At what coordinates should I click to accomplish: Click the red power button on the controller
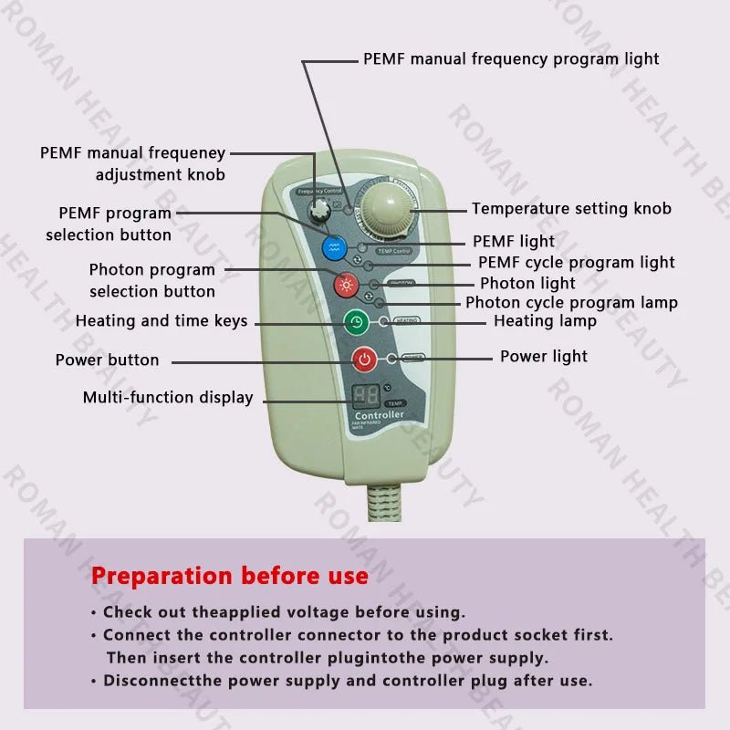pyautogui.click(x=364, y=359)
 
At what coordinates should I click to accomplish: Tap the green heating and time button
pyautogui.click(x=356, y=322)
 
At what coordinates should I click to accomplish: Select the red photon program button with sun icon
pyautogui.click(x=345, y=285)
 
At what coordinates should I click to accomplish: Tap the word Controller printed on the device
pyautogui.click(x=379, y=415)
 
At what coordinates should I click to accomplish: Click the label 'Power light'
pyautogui.click(x=544, y=356)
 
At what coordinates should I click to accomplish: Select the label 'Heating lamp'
pyautogui.click(x=545, y=321)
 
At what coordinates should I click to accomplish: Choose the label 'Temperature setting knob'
pyautogui.click(x=571, y=208)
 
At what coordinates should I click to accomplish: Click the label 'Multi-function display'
pyautogui.click(x=168, y=397)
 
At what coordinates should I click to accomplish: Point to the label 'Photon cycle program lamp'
pyautogui.click(x=571, y=303)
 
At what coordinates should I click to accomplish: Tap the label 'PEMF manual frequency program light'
pyautogui.click(x=511, y=58)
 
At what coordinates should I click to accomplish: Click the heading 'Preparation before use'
pyautogui.click(x=230, y=576)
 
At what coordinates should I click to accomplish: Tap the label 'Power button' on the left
pyautogui.click(x=107, y=360)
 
